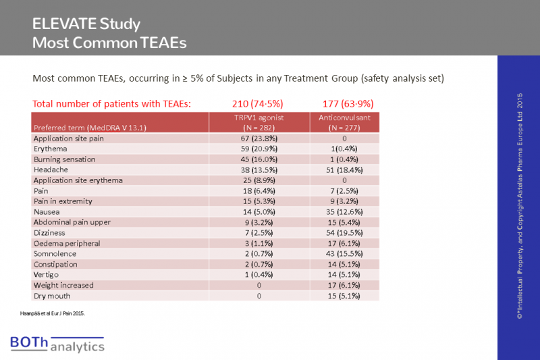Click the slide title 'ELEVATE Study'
pos(86,25)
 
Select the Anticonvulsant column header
pos(345,122)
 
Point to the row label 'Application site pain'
pos(71,138)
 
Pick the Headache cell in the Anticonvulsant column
pos(345,169)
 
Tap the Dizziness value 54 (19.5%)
pos(345,232)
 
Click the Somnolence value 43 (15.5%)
pos(345,253)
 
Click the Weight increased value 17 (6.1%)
pos(345,285)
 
